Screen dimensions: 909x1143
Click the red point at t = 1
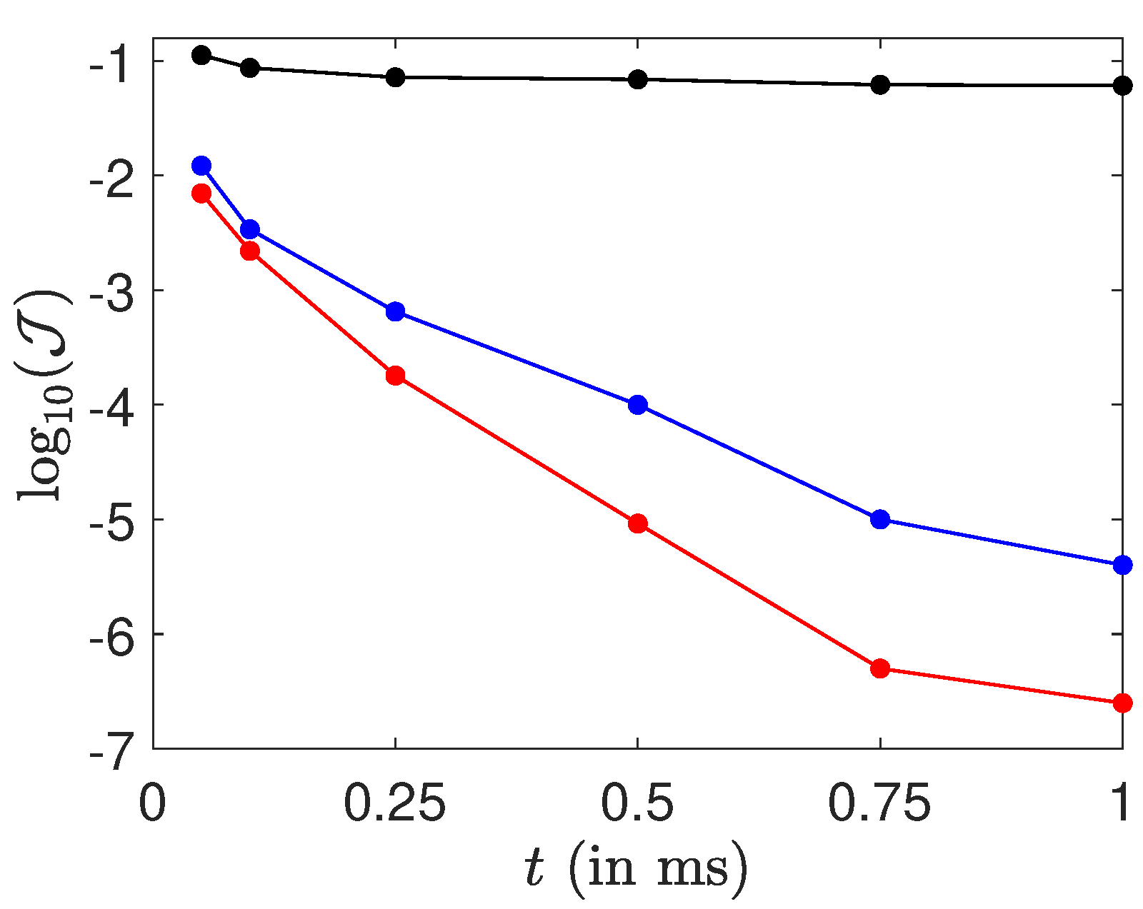(1122, 703)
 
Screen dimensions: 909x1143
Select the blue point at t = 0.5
(637, 405)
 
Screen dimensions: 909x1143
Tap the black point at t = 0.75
(880, 84)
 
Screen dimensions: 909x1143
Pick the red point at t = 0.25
(395, 376)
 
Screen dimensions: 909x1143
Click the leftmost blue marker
(201, 166)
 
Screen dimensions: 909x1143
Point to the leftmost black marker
(201, 55)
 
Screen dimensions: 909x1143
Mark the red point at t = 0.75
(880, 668)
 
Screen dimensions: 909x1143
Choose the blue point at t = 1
(1122, 565)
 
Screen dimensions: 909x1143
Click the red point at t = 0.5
(637, 523)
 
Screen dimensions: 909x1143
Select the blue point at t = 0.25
(395, 311)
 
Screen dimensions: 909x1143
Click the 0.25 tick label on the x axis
(395, 804)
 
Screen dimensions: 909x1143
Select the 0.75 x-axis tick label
(879, 804)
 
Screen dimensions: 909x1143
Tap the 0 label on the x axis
(152, 804)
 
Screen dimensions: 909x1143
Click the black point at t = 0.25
(395, 77)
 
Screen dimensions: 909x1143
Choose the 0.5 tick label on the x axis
(637, 804)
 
